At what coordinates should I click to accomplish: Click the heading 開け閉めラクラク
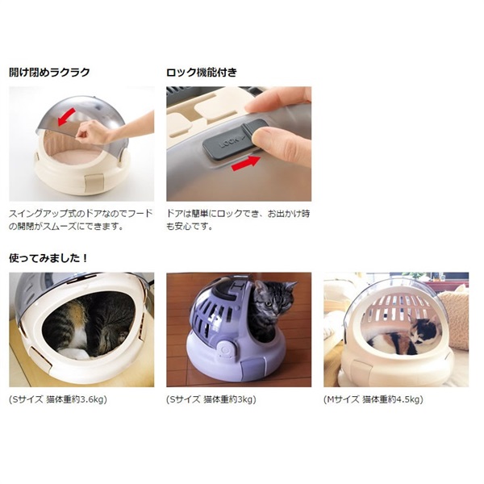(49, 72)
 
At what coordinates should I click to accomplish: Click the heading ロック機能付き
(202, 72)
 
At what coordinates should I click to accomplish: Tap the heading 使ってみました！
(48, 258)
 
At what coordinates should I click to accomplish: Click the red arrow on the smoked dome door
(66, 117)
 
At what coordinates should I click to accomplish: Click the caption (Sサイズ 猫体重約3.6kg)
(58, 399)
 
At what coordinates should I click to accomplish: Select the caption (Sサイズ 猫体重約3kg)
(211, 399)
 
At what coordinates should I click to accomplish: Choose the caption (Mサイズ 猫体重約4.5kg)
(373, 399)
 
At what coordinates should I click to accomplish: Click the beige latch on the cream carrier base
(94, 184)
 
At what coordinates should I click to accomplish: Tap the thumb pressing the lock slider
(282, 145)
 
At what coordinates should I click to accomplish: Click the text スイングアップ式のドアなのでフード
(81, 213)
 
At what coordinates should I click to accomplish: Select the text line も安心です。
(190, 226)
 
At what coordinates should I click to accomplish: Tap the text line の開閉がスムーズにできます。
(66, 226)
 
